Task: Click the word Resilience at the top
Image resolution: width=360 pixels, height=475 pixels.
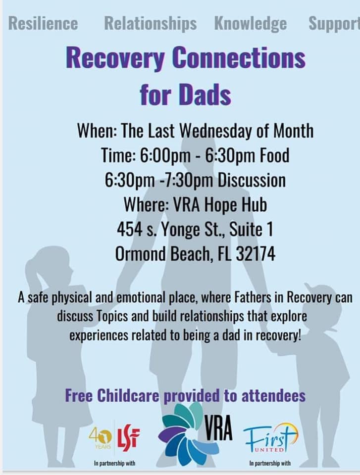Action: [43, 23]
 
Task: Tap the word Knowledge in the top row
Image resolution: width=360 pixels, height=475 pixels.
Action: [250, 23]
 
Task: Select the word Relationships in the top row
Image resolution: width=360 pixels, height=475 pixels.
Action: [150, 23]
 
